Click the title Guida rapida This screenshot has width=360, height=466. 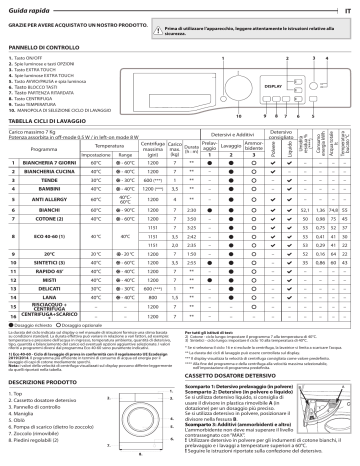click(29, 9)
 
